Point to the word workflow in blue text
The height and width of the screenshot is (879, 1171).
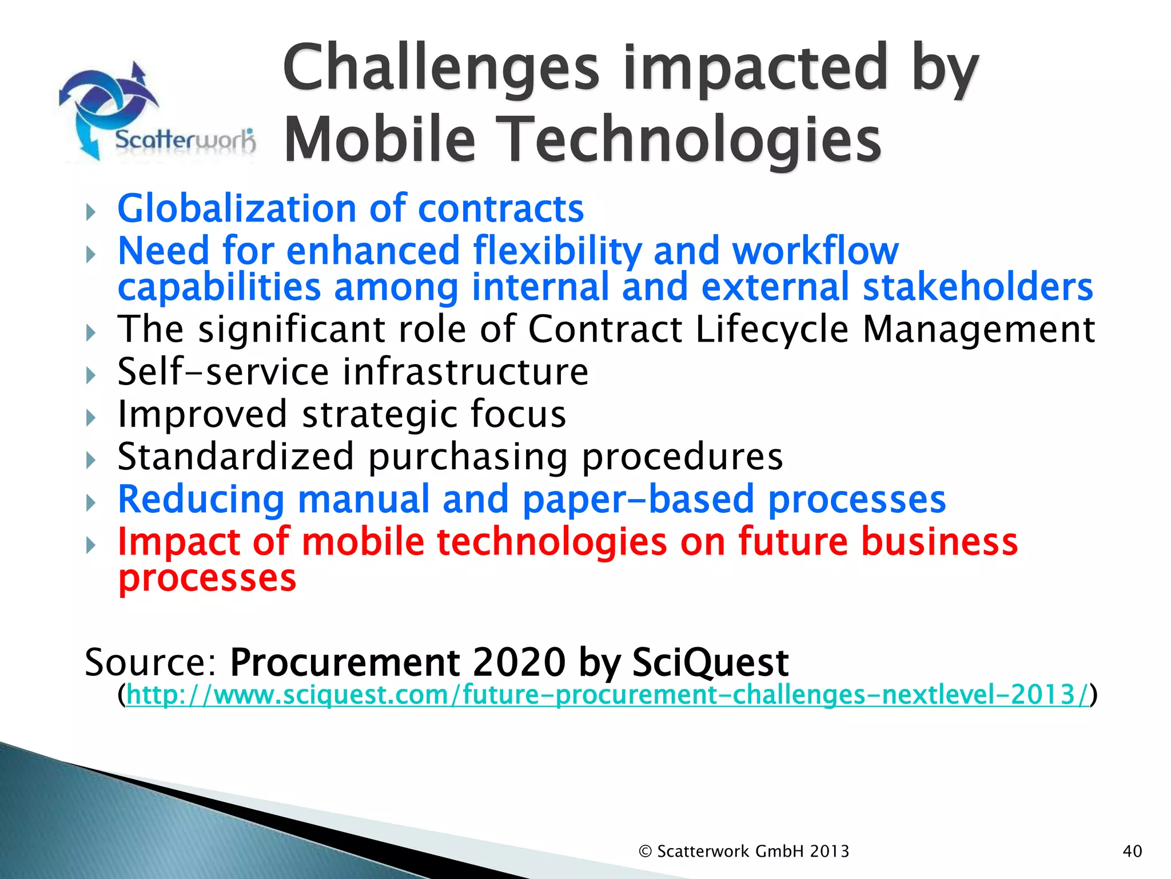[815, 251]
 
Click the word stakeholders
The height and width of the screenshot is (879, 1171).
[977, 287]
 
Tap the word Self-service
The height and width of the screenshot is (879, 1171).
[223, 372]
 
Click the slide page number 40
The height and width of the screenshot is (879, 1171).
[1132, 852]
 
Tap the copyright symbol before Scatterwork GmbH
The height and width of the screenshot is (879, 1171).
[645, 852]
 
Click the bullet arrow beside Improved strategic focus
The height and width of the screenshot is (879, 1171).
[91, 418]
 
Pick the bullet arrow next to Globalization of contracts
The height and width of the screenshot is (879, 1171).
[91, 212]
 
